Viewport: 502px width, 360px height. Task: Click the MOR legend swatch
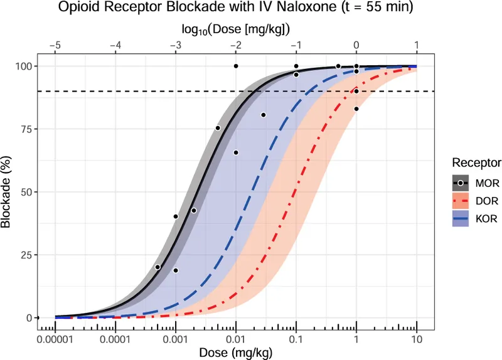tap(462, 183)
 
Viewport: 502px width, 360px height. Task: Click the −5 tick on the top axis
tap(55, 45)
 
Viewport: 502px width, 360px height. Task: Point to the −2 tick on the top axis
tap(236, 45)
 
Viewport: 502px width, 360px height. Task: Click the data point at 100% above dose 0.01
tap(236, 66)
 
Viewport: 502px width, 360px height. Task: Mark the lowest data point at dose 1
tap(356, 109)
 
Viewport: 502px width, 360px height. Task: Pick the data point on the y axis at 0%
tap(37, 318)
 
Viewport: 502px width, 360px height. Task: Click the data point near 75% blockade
tap(218, 128)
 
